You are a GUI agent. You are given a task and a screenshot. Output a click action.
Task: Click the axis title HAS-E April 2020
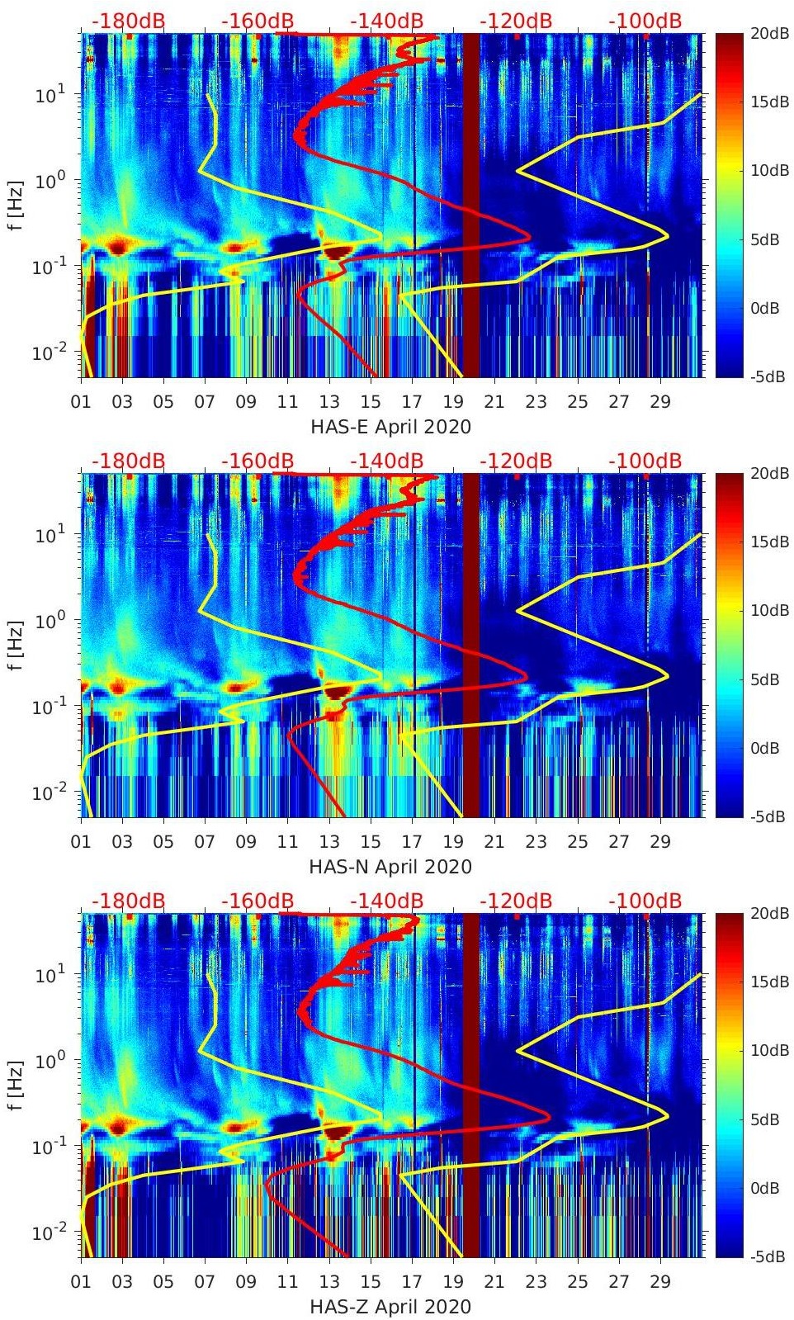[390, 427]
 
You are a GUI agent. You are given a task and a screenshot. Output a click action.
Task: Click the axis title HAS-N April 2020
[390, 867]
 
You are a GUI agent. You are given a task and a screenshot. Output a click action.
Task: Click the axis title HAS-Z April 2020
[390, 1307]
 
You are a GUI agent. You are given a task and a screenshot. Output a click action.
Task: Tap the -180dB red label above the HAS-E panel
[128, 21]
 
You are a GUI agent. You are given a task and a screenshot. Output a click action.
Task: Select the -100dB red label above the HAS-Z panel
[645, 901]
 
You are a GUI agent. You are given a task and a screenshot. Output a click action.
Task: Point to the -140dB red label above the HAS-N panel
[386, 461]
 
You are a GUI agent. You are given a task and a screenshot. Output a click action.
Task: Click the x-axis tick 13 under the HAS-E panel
[329, 402]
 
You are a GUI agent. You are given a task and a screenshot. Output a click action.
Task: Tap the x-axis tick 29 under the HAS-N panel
[660, 842]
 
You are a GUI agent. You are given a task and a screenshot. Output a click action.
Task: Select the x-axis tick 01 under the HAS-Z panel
[81, 1282]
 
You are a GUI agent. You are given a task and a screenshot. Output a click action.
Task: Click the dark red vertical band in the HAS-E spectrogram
[470, 206]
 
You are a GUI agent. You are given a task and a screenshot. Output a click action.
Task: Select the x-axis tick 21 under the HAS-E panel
[494, 402]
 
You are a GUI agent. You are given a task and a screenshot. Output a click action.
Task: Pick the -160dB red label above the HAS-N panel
[258, 461]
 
